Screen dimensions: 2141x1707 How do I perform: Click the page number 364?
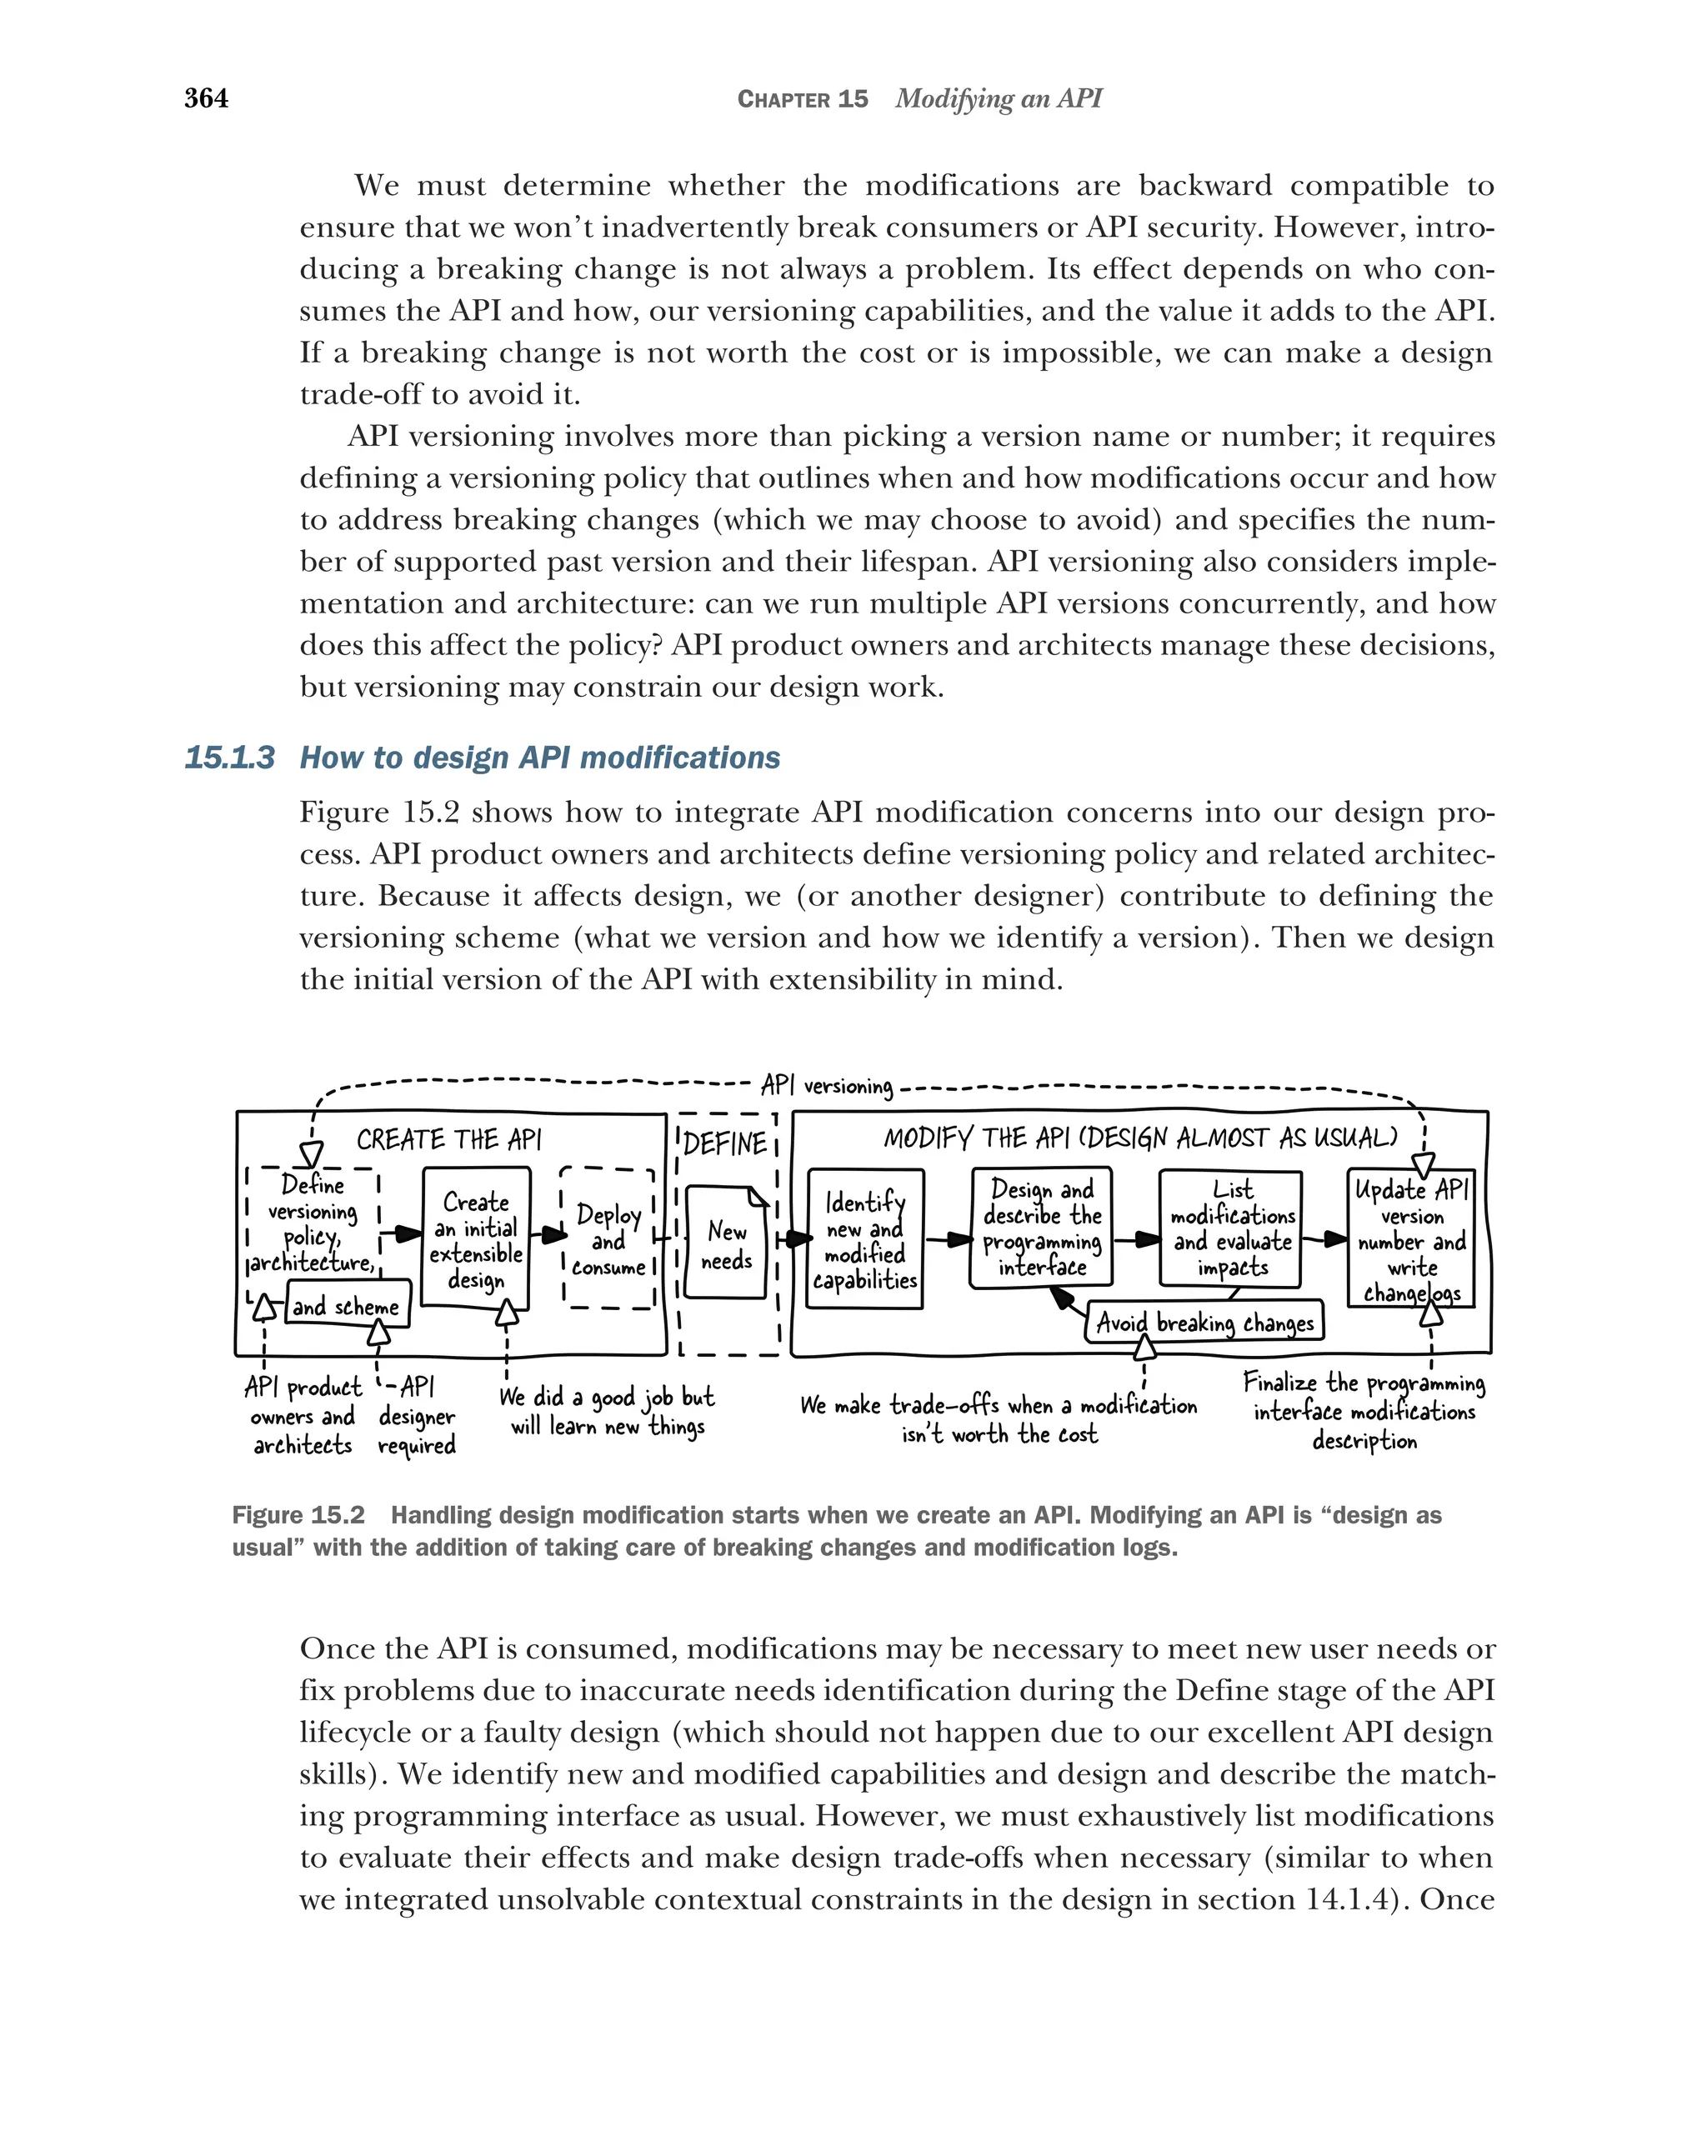(206, 98)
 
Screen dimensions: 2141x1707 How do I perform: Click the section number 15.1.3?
(229, 758)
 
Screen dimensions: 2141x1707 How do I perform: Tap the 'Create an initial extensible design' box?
(476, 1239)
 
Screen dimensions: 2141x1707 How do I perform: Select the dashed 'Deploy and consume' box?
(608, 1239)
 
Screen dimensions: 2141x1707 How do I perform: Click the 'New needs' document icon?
(727, 1244)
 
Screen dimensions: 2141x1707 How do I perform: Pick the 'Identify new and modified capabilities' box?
(864, 1239)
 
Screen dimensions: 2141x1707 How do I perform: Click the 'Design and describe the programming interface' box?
(1041, 1228)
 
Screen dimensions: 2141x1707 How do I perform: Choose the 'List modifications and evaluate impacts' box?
(1230, 1228)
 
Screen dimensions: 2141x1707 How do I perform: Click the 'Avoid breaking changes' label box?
(1204, 1323)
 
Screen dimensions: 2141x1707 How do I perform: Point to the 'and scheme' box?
(347, 1306)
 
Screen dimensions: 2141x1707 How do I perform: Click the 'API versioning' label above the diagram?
(826, 1085)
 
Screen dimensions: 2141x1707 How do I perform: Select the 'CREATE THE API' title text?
(449, 1139)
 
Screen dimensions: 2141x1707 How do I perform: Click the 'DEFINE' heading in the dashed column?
(726, 1143)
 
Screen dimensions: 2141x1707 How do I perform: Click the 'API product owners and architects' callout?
(303, 1415)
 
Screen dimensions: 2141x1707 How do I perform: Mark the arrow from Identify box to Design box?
(949, 1239)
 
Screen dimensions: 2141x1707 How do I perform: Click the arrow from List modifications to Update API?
(1324, 1239)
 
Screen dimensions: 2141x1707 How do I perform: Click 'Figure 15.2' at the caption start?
(298, 1515)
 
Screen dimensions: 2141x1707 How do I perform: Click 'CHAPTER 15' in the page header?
(803, 99)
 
